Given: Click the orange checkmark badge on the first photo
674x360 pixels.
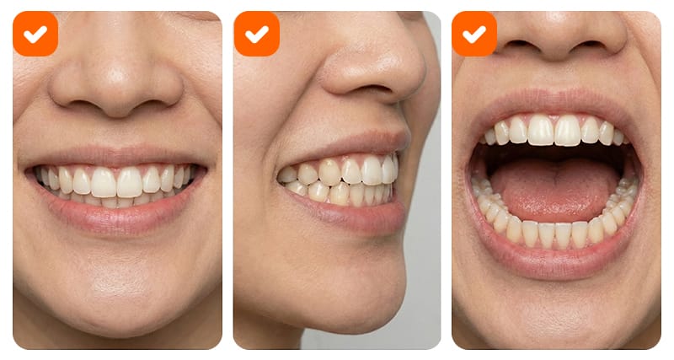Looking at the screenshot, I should pos(35,34).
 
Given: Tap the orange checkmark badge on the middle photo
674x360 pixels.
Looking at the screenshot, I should pos(256,34).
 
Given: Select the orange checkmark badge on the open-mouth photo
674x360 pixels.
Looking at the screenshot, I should pos(474,34).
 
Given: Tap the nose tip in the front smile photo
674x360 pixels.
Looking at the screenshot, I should pos(116,84).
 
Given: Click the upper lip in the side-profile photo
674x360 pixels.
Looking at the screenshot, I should pos(354,145).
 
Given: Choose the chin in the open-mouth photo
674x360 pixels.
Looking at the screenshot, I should pos(556,316).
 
